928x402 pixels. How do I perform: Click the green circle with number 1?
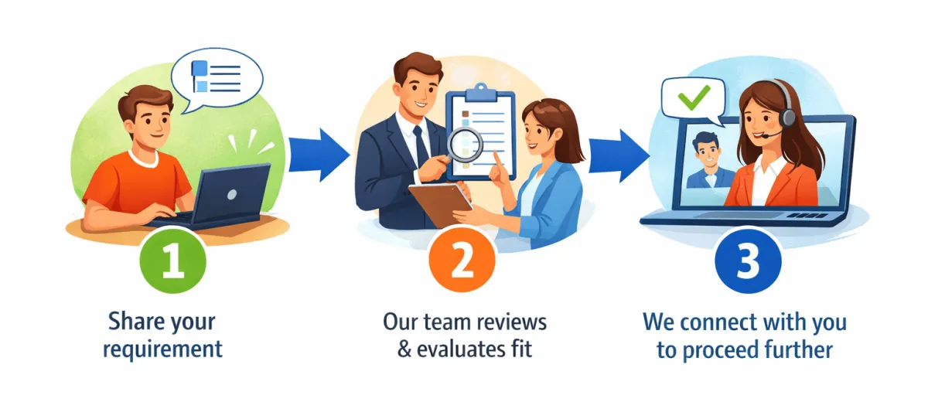point(172,262)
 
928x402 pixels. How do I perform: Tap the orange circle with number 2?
point(461,263)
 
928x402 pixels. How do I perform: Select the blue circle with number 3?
point(747,262)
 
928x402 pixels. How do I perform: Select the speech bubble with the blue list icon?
point(217,77)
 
